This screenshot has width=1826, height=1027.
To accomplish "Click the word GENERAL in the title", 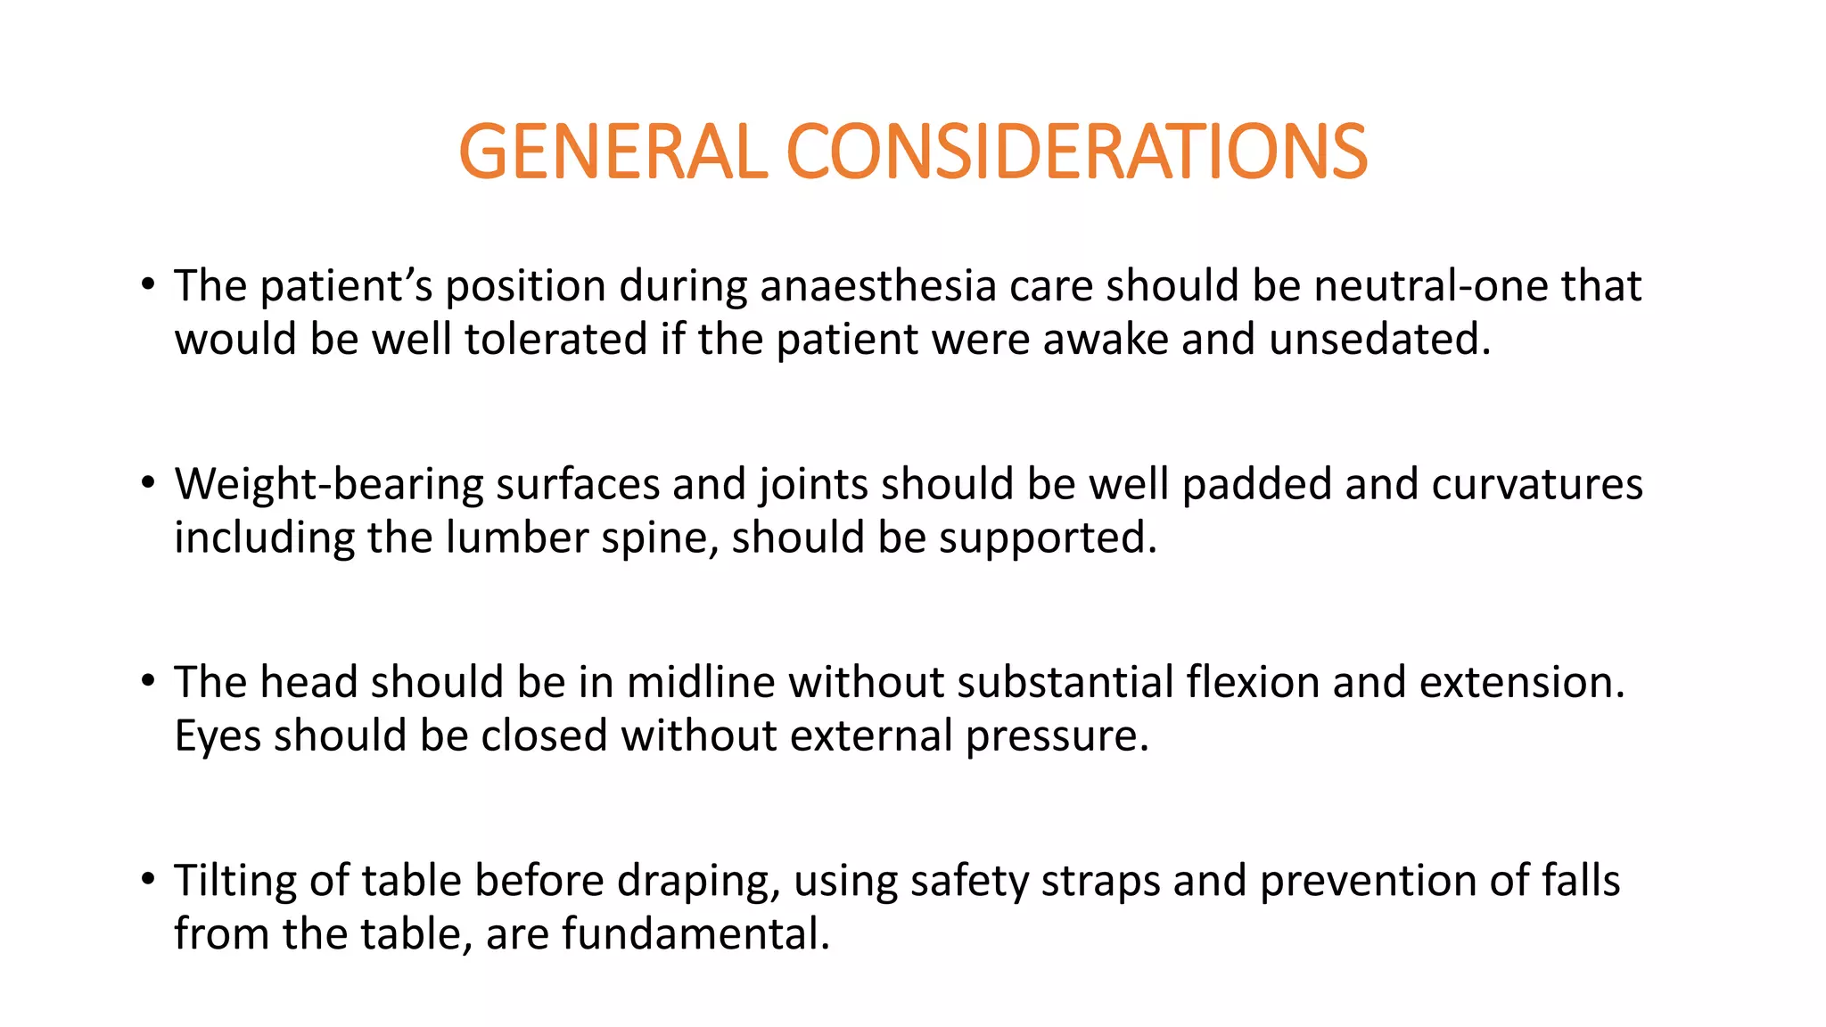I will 613,152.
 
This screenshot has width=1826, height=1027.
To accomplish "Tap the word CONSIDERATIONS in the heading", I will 1076,152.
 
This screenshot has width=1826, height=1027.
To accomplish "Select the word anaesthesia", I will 878,286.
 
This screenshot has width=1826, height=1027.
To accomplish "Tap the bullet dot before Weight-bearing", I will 148,484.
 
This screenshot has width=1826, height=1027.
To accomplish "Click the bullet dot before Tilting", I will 148,880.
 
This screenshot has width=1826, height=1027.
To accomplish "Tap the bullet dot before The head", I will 148,682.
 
